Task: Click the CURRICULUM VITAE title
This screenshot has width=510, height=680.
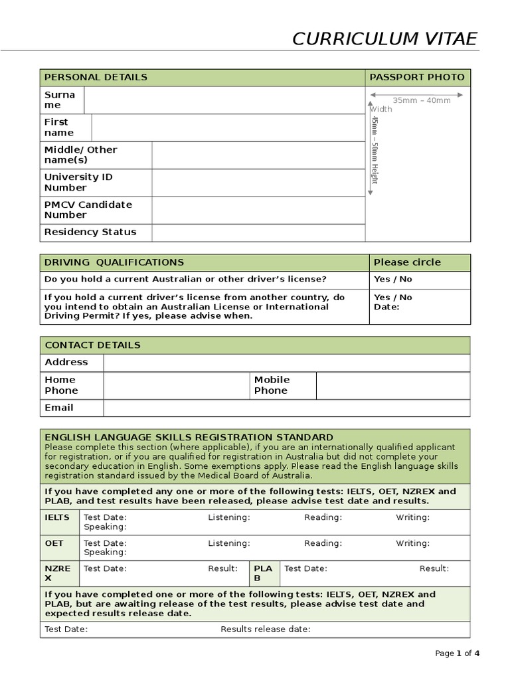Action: pyautogui.click(x=384, y=39)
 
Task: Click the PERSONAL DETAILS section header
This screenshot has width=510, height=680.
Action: pyautogui.click(x=96, y=77)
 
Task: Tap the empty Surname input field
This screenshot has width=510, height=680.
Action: pyautogui.click(x=224, y=100)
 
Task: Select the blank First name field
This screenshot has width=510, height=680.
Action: pyautogui.click(x=228, y=127)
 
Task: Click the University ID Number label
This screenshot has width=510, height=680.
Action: pyautogui.click(x=78, y=183)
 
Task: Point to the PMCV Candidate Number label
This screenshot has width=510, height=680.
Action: pyautogui.click(x=88, y=210)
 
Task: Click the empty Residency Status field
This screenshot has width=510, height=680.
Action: pyautogui.click(x=258, y=232)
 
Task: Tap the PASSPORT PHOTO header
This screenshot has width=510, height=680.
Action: pyautogui.click(x=417, y=77)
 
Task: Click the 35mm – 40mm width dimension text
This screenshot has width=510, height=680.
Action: pyautogui.click(x=421, y=100)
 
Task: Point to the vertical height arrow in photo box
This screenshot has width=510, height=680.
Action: pyautogui.click(x=370, y=149)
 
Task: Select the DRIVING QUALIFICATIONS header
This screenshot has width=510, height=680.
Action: pyautogui.click(x=114, y=262)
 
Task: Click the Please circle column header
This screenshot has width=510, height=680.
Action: pyautogui.click(x=406, y=262)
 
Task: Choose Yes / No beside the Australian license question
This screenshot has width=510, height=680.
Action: pyautogui.click(x=392, y=280)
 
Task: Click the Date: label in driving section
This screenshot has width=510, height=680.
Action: pyautogui.click(x=386, y=307)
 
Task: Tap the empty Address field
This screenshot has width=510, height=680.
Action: pyautogui.click(x=286, y=363)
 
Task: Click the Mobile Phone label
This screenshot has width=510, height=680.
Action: pyautogui.click(x=272, y=385)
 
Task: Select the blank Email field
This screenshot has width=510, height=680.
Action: pyautogui.click(x=286, y=408)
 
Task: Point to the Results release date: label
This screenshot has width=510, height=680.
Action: pyautogui.click(x=266, y=630)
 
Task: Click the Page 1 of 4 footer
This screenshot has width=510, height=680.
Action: pyautogui.click(x=457, y=653)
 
